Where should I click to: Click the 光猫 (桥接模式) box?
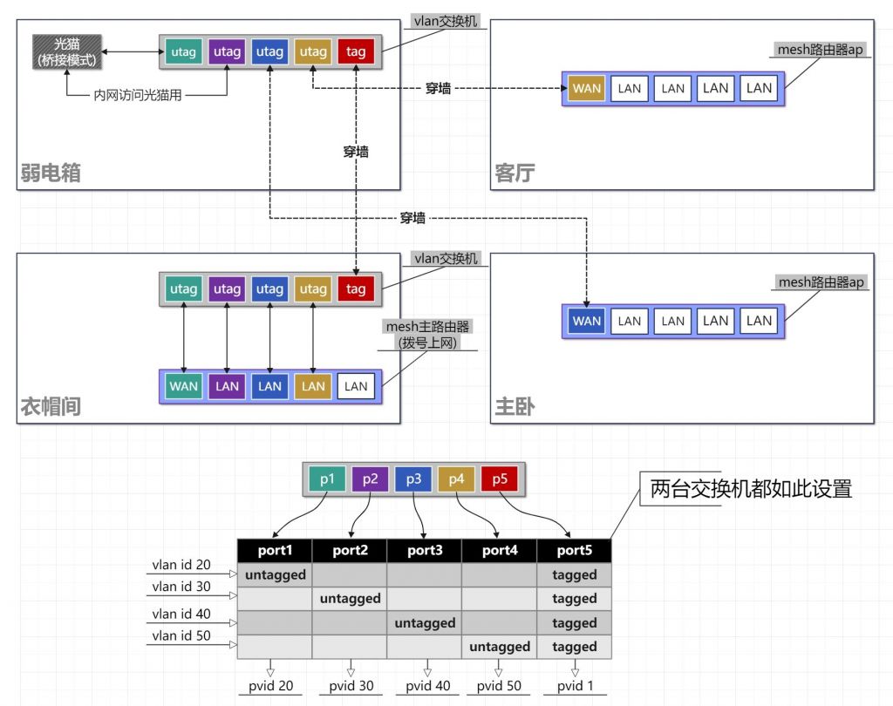tap(66, 52)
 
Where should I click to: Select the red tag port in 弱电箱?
tap(356, 52)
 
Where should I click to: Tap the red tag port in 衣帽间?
tap(356, 289)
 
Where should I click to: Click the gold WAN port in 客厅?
tap(586, 88)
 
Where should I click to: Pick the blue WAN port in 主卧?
tap(586, 321)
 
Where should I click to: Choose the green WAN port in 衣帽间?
tap(184, 386)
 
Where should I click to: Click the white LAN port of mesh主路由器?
tap(356, 386)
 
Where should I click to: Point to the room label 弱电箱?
tap(51, 173)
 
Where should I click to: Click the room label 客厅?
tap(515, 173)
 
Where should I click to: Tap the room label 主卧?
tap(515, 407)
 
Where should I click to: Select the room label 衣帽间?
tap(51, 407)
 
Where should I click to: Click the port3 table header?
tap(425, 551)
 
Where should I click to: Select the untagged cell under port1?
tap(275, 575)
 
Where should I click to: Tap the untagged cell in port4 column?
tap(499, 647)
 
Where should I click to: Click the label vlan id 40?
tap(181, 614)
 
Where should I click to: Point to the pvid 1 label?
tap(575, 686)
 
